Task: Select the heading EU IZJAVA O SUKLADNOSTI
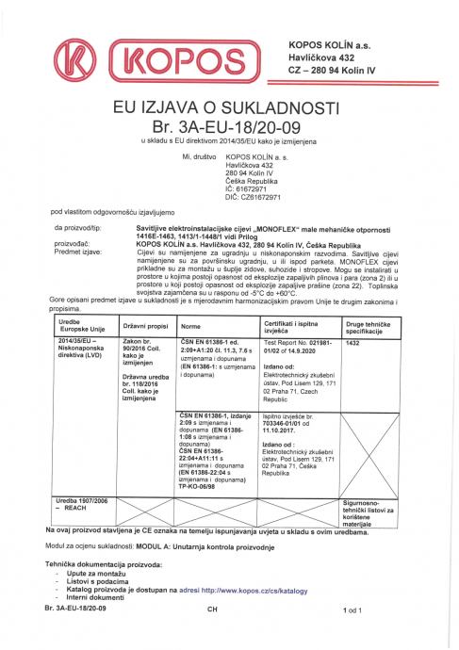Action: pyautogui.click(x=229, y=106)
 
